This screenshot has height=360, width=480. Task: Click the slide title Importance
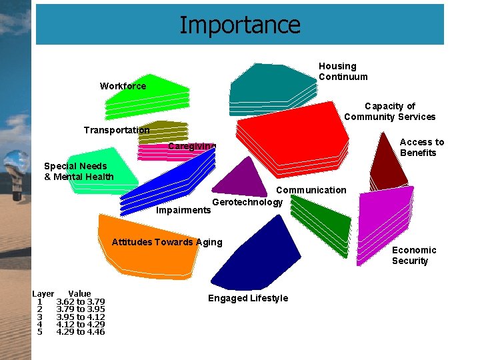240,25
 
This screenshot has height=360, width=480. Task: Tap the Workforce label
123,86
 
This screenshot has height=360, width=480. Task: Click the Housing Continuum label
343,71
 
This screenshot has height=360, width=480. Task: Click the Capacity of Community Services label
389,111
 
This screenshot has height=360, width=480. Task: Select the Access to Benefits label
421,147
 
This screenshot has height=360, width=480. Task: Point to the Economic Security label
414,255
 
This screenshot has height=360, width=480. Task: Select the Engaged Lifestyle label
248,298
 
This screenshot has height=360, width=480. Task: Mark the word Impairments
183,210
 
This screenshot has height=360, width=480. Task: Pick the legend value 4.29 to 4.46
80,332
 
